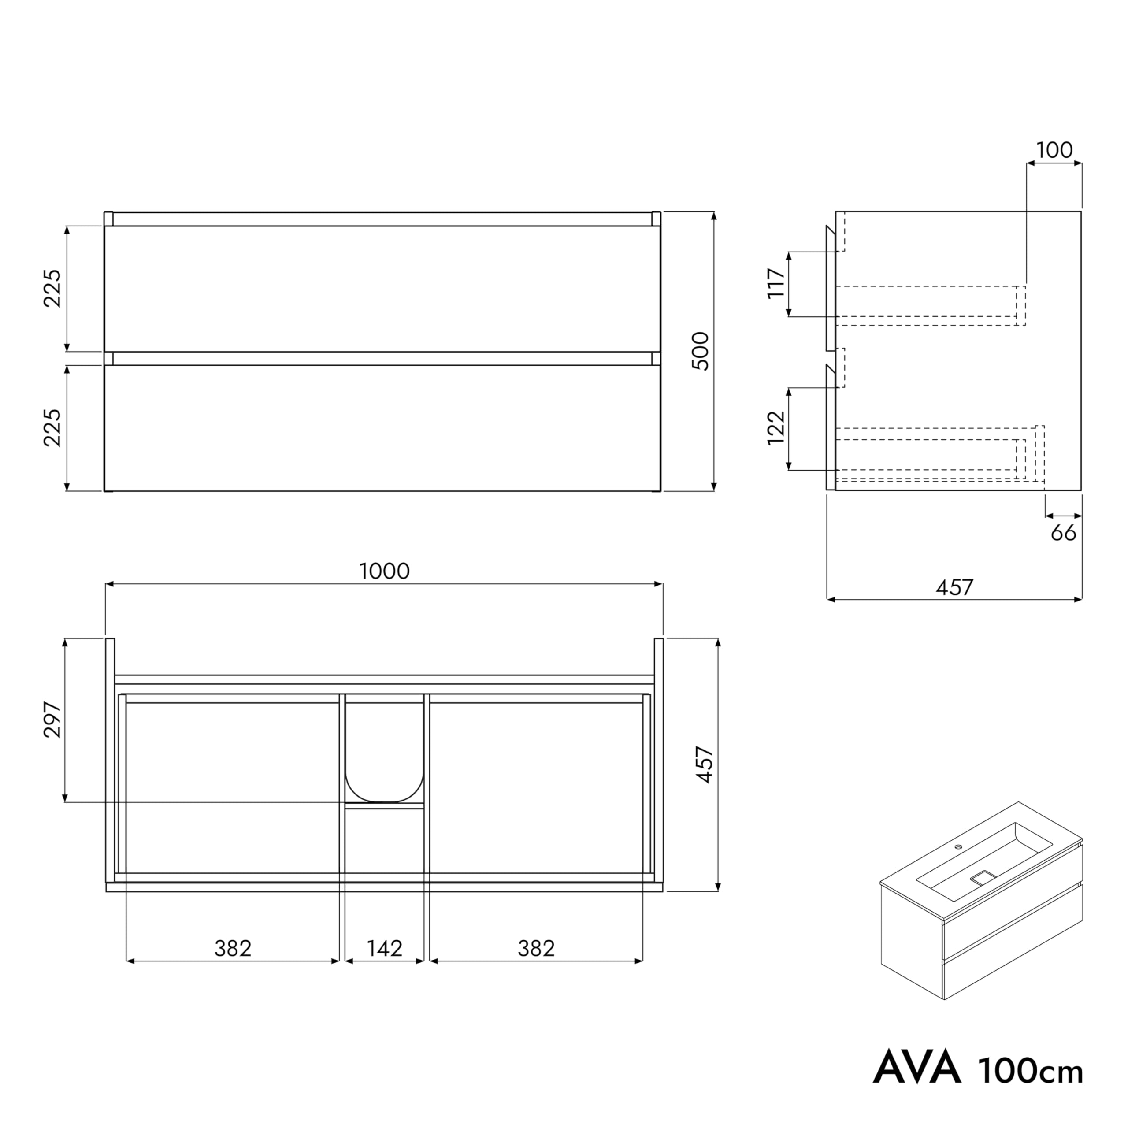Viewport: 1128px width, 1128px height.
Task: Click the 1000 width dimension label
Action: (384, 571)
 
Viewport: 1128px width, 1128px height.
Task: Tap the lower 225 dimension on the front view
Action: (52, 427)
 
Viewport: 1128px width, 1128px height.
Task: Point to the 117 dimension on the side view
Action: (776, 283)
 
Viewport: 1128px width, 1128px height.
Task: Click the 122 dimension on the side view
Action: (776, 428)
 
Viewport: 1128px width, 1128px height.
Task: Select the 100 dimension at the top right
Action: (1054, 151)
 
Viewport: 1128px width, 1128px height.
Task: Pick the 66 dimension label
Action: (1063, 533)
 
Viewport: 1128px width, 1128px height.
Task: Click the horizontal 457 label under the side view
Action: (954, 587)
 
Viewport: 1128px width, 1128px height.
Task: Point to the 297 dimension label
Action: (52, 720)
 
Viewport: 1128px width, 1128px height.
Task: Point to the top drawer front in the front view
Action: (382, 289)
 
